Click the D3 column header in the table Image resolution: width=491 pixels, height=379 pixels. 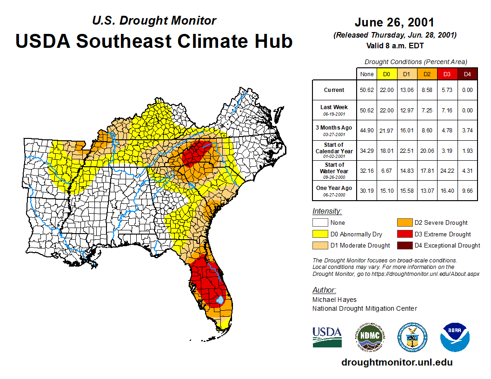pos(447,74)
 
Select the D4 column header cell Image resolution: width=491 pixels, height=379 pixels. pos(467,74)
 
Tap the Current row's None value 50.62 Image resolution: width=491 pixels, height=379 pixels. pos(367,90)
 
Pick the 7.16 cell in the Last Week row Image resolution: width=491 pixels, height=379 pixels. pos(447,111)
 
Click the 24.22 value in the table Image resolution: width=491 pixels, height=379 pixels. pos(447,170)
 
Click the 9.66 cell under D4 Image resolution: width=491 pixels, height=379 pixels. pos(467,190)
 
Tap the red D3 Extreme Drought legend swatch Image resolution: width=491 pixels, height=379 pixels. pos(404,234)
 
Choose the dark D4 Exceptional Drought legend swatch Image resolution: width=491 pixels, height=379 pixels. pos(404,245)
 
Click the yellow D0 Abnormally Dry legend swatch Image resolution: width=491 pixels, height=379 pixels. pos(320,234)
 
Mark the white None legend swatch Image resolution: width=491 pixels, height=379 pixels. pos(320,223)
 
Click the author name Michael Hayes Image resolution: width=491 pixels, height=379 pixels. pos(335,300)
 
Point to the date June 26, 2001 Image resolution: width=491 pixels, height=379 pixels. pos(394,22)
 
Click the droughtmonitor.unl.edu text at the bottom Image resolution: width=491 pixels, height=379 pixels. pos(397,362)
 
